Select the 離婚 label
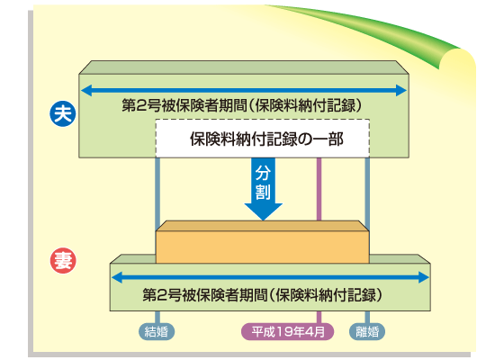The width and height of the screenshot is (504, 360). pyautogui.click(x=367, y=330)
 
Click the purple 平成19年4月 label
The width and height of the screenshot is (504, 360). pyautogui.click(x=289, y=330)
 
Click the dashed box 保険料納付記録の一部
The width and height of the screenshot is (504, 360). pyautogui.click(x=249, y=139)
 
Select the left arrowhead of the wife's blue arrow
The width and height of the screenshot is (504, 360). pyautogui.click(x=114, y=277)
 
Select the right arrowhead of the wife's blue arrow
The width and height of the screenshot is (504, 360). pyautogui.click(x=425, y=277)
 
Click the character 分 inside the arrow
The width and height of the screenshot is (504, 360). pyautogui.click(x=263, y=172)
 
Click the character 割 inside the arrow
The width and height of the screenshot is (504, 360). pyautogui.click(x=263, y=191)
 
